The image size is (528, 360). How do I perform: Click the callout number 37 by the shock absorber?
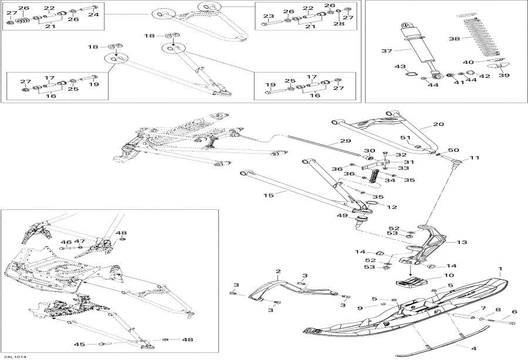coord(387,51)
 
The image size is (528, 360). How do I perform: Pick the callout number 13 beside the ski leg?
coord(462,242)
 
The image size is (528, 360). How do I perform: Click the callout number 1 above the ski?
coord(500,270)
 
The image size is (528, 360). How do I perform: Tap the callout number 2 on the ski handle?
coord(279,271)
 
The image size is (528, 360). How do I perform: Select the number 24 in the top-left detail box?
coord(94,15)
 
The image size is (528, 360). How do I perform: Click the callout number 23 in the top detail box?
coord(268,16)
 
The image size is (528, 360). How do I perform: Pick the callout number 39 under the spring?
coord(504,75)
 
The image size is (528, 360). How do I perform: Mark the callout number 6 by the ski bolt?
coord(515,312)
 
